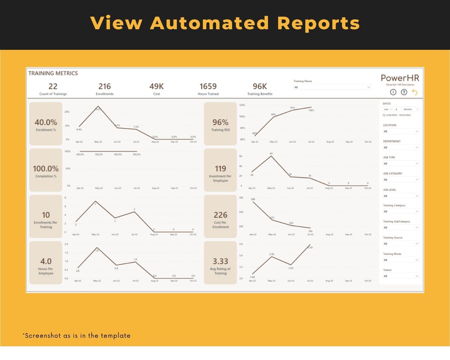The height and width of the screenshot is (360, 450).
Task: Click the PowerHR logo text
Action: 400,78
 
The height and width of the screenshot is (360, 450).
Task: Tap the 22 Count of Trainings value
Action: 53,86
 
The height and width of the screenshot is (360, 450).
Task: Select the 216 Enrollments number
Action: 104,86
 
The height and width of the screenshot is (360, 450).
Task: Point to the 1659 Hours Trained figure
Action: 208,86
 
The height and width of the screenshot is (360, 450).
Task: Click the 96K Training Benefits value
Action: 260,86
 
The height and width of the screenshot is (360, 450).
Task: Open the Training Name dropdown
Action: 332,87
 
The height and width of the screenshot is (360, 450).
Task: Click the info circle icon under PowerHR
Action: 393,92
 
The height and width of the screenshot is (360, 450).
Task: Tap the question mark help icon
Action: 404,92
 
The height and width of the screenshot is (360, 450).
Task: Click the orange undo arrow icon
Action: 414,92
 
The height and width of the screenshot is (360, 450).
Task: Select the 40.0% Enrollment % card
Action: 46,124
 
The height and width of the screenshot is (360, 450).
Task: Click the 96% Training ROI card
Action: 220,124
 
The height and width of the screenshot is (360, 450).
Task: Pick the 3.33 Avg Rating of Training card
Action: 220,263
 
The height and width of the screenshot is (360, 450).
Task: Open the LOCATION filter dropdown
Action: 401,131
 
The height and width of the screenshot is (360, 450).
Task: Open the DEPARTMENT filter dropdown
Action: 401,147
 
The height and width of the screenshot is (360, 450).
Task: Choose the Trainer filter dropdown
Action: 401,276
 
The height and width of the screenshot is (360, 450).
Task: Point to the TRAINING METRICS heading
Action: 53,73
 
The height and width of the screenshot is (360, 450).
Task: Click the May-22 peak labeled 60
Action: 271,156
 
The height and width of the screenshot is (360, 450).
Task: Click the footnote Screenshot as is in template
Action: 77,336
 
